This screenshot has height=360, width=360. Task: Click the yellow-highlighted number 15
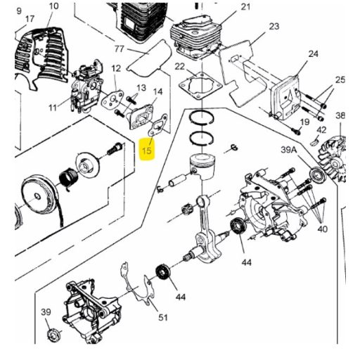coord(147,149)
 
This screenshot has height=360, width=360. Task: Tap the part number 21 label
coord(245,7)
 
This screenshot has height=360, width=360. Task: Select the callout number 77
coord(119,49)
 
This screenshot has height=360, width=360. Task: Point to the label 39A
coord(289,150)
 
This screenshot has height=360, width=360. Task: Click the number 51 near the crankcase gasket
coord(163,318)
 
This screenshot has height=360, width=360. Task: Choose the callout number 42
coord(321,130)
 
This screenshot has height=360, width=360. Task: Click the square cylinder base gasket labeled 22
coord(200,86)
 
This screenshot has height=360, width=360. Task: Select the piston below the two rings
coord(202,166)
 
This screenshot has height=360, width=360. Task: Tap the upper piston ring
coord(202,117)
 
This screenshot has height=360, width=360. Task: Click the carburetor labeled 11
coord(86,86)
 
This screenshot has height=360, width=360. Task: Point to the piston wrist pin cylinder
coord(178,181)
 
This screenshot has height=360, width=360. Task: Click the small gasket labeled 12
coord(112,99)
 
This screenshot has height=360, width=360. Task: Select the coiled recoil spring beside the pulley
coord(70,178)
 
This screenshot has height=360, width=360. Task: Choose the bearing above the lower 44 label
coord(163,272)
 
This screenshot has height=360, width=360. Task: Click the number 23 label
coord(274,26)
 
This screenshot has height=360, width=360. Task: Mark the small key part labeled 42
coord(314,142)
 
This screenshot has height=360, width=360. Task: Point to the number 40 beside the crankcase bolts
coord(322,229)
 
